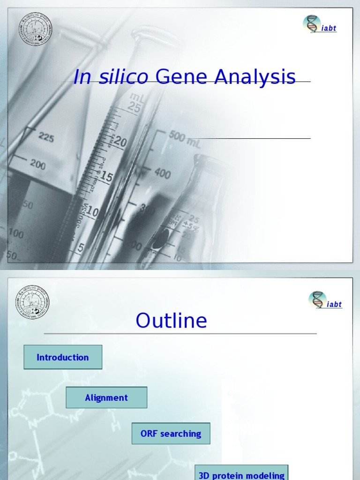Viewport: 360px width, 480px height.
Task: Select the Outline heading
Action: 171,321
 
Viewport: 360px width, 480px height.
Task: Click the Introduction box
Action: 63,357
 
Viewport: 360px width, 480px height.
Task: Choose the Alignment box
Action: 106,397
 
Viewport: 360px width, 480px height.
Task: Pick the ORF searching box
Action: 171,434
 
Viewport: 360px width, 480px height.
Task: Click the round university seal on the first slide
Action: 35,29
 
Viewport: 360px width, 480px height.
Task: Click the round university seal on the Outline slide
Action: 32,301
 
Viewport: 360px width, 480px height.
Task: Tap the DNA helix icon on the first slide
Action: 312,24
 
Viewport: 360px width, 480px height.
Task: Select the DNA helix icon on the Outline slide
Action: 317,300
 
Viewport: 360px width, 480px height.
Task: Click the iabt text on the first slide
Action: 329,28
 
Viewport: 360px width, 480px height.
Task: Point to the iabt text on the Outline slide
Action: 334,304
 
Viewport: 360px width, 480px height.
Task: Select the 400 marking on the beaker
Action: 162,174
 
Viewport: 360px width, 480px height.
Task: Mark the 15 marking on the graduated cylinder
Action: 106,177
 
